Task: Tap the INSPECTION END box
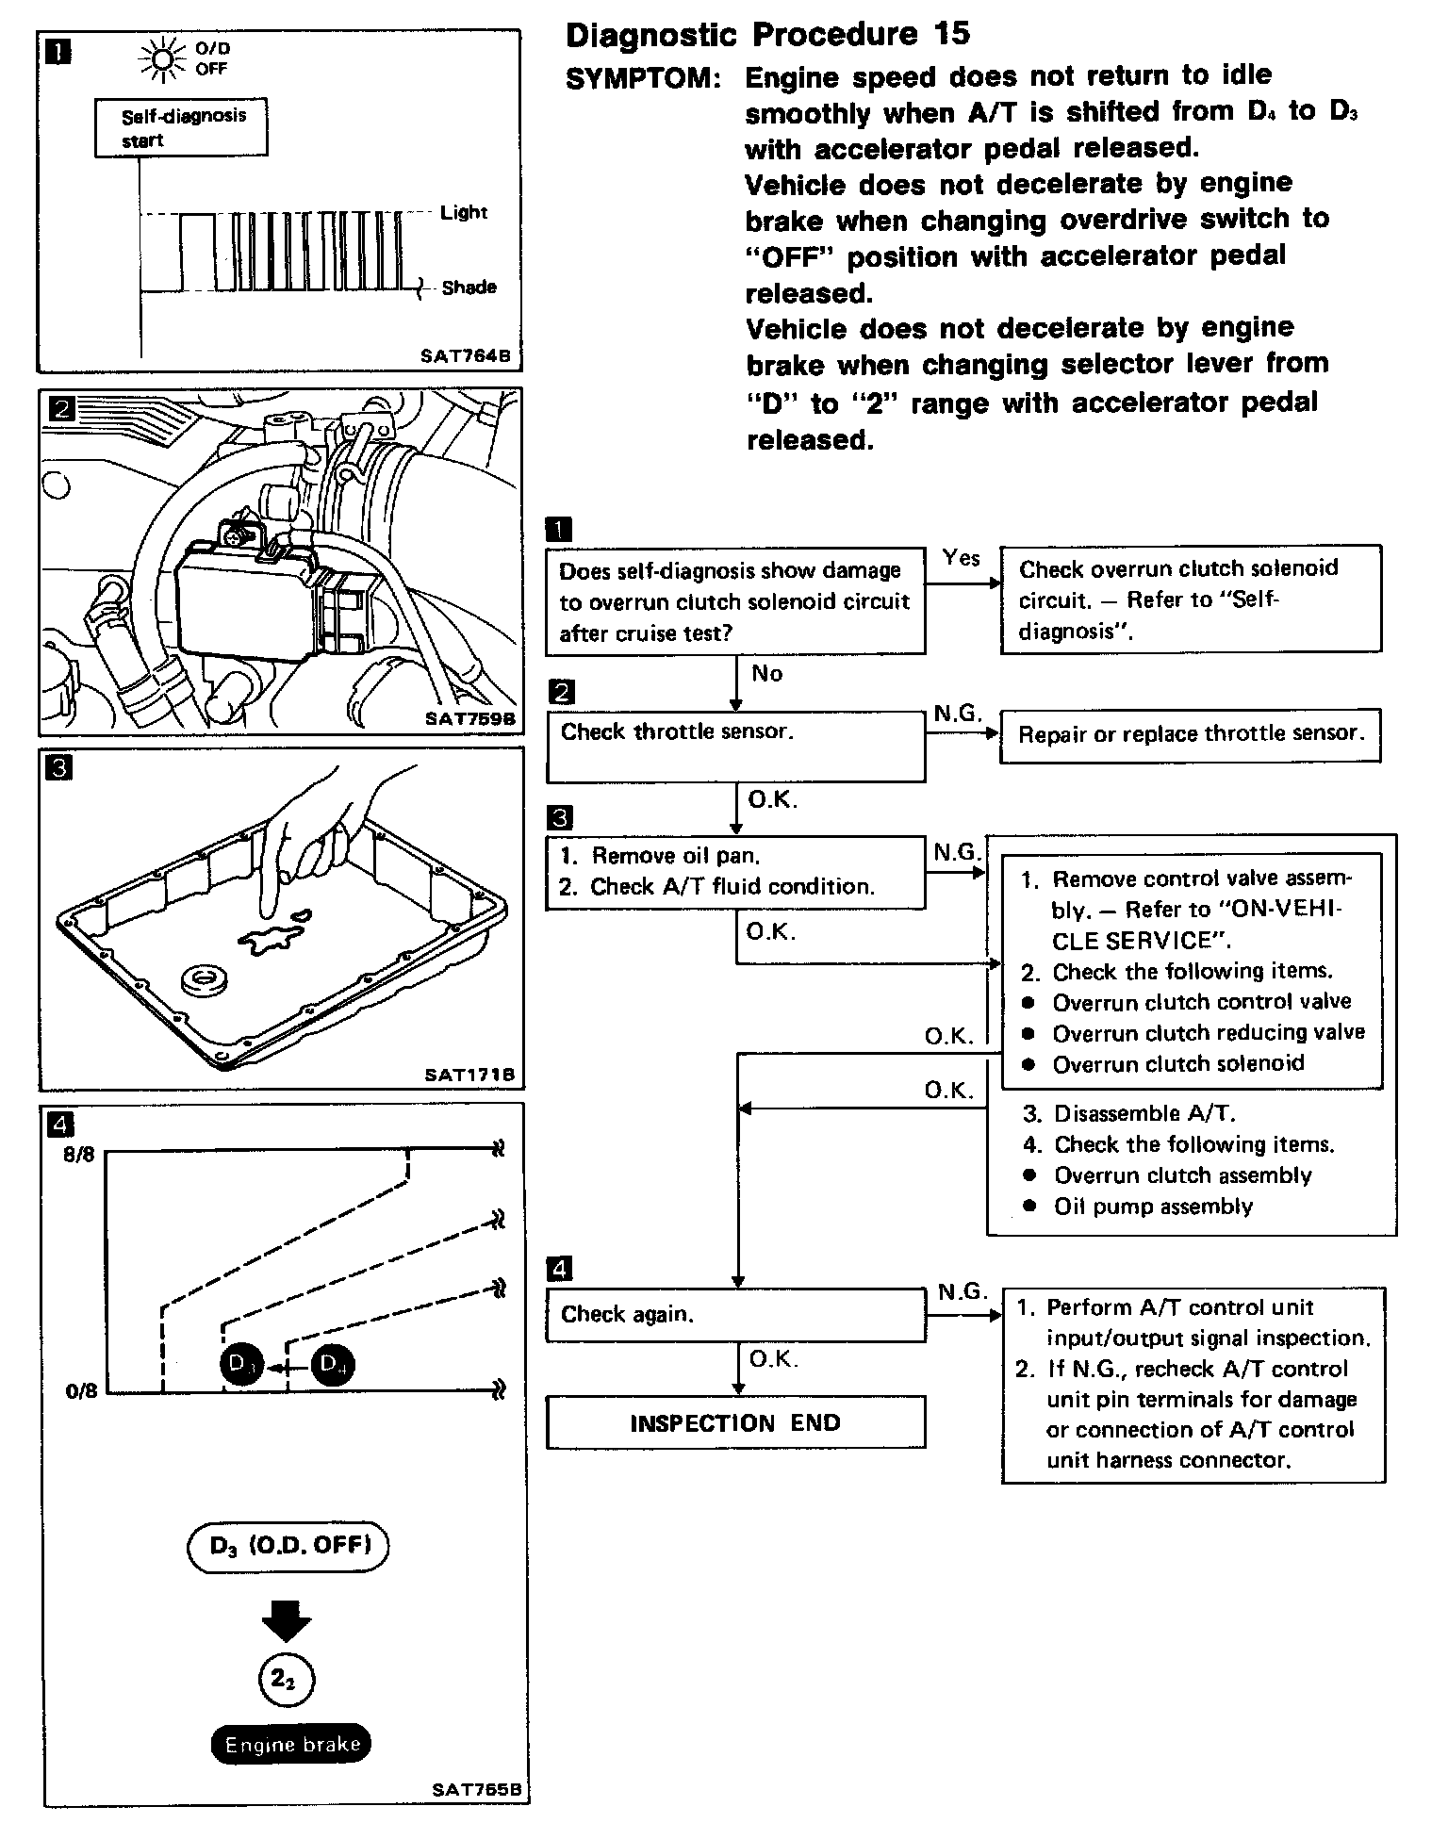coord(735,1422)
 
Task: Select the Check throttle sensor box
coord(735,746)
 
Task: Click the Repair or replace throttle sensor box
coord(1191,734)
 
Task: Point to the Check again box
coord(735,1314)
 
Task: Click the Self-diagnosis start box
coord(181,128)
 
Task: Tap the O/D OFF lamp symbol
coord(161,59)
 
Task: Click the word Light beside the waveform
coord(464,212)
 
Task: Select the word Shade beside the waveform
coord(469,287)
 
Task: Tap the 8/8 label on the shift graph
coord(79,1154)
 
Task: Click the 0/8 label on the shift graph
coord(80,1391)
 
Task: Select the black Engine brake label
coord(292,1744)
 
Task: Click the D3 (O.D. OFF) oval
coord(288,1546)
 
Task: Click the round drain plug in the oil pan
coord(204,978)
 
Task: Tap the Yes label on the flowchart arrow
coord(961,558)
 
